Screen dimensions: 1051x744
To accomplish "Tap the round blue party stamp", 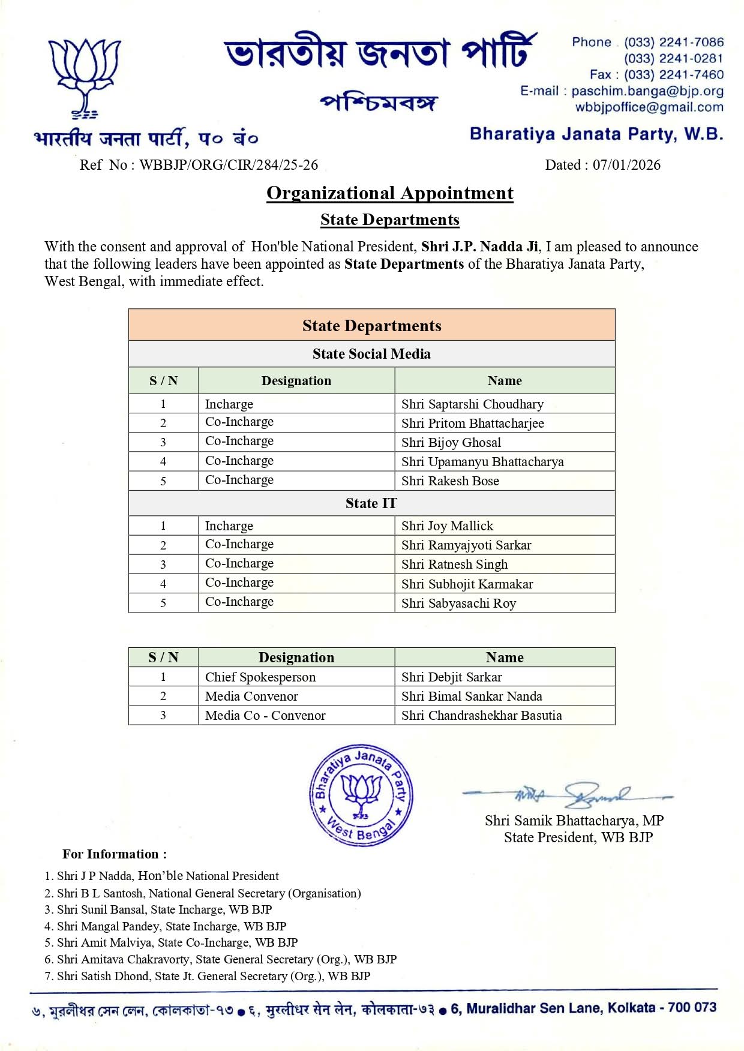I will (361, 795).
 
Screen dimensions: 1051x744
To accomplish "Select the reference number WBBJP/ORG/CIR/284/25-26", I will (229, 165).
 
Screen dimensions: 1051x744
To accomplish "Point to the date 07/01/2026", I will (626, 165).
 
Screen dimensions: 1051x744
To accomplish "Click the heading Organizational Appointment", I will (390, 193).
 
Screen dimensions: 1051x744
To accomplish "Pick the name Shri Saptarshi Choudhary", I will (472, 404).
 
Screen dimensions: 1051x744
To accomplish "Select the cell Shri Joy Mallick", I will (447, 526).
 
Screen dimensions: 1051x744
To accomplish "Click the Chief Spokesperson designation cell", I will (260, 677).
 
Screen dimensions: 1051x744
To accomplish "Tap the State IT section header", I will (371, 503).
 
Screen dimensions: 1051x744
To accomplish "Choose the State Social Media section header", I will (371, 354).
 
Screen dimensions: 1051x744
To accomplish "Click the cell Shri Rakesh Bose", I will (450, 481).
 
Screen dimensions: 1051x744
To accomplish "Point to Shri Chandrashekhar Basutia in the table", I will (481, 716).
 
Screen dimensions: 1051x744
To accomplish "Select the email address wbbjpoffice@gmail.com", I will (649, 107).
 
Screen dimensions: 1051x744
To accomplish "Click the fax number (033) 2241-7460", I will (673, 75).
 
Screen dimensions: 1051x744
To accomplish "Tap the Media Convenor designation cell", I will (251, 696).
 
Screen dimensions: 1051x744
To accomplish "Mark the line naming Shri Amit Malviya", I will (171, 942).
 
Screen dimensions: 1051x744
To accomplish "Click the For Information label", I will (115, 854).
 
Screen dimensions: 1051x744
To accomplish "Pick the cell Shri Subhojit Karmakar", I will (467, 584).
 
